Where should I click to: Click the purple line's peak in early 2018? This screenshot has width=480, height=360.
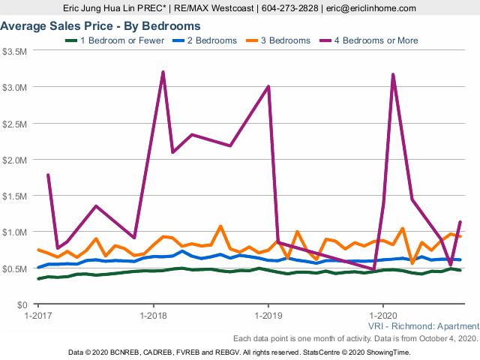tap(163, 72)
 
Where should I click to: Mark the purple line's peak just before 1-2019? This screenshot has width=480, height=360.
tap(268, 86)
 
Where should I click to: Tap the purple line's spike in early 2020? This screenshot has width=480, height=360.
tap(393, 74)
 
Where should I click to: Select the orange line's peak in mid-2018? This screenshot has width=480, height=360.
tap(220, 226)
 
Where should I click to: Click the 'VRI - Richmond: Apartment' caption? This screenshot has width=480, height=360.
tap(423, 326)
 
